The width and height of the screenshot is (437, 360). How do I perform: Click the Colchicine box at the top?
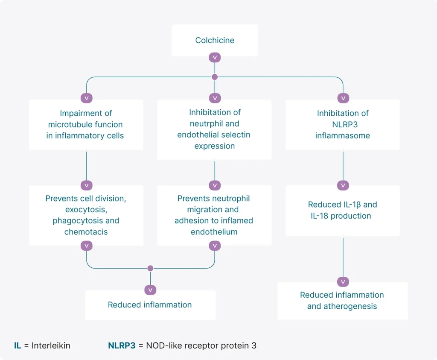(215, 41)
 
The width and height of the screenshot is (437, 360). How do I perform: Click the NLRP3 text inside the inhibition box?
(345, 124)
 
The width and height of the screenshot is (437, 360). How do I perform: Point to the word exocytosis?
(86, 210)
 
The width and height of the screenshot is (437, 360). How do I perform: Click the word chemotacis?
(86, 232)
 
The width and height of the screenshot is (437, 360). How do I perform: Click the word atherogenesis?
(350, 306)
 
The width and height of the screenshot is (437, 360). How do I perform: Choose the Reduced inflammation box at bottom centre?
(150, 305)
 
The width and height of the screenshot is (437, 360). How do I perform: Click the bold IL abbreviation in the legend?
(17, 345)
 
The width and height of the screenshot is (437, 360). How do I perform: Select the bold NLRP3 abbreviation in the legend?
(122, 345)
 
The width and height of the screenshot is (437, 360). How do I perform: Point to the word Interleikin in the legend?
(51, 345)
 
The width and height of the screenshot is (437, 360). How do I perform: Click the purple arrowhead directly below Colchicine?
(215, 58)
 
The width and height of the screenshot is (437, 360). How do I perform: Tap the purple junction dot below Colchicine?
(215, 77)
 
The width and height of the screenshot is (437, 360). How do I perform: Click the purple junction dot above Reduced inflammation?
(150, 268)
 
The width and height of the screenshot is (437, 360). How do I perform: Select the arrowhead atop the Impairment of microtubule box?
(86, 98)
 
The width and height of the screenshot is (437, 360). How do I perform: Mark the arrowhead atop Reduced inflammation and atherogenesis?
(343, 282)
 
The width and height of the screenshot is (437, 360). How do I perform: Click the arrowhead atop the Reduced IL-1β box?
(343, 185)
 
